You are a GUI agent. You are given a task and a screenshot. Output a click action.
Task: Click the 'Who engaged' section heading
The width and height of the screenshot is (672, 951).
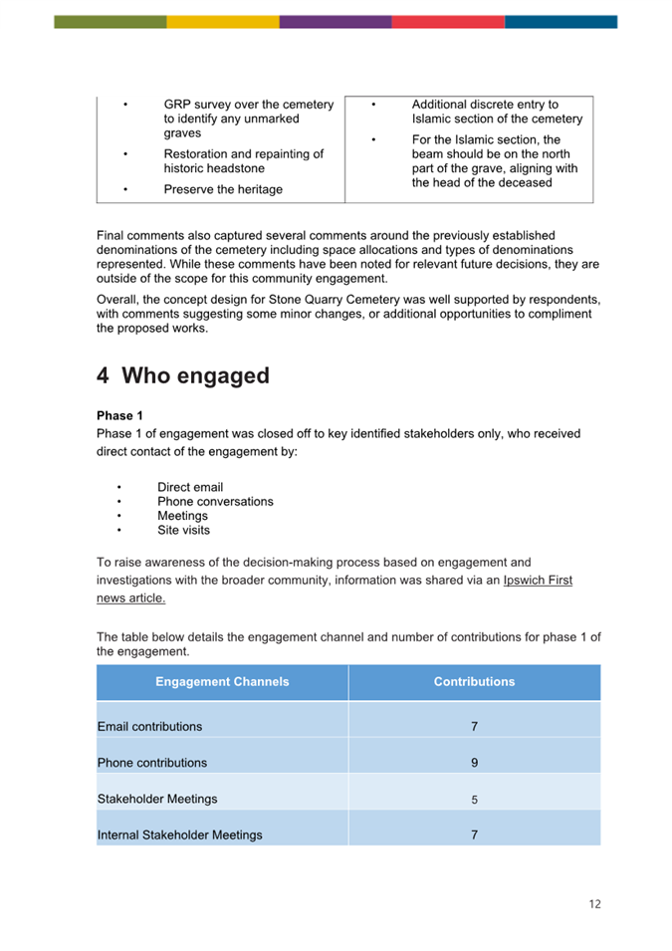click(x=183, y=375)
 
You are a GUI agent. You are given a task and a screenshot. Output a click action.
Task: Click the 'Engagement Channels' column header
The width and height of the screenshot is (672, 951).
click(x=222, y=682)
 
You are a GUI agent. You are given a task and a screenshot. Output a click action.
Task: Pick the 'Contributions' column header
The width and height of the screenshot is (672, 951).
click(x=474, y=682)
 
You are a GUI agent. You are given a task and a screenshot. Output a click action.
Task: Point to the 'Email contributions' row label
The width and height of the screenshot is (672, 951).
click(x=149, y=727)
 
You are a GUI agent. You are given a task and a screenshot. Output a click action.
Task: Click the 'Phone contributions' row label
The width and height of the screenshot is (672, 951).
click(x=152, y=763)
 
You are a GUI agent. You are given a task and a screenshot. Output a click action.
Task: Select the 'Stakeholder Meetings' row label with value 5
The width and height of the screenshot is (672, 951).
click(x=157, y=799)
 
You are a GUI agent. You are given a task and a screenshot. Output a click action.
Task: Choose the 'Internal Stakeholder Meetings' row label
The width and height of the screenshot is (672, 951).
click(x=180, y=834)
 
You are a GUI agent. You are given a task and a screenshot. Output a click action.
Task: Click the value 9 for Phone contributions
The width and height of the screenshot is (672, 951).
click(x=474, y=763)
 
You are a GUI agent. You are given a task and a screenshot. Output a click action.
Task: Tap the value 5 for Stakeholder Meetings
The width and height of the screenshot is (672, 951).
click(x=474, y=799)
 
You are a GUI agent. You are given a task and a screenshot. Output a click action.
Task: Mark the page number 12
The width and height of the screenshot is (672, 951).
click(x=594, y=904)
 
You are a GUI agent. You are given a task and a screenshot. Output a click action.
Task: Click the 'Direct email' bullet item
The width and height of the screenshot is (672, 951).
click(x=190, y=487)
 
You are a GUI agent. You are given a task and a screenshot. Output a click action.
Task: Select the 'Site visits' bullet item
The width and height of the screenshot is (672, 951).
click(x=183, y=530)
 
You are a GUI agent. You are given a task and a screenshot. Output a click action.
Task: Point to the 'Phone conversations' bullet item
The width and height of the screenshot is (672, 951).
click(x=215, y=501)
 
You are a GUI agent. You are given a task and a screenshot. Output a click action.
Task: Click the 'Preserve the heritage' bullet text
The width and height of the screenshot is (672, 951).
click(x=223, y=189)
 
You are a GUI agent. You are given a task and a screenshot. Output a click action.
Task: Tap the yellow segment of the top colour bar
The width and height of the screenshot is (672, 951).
click(x=223, y=21)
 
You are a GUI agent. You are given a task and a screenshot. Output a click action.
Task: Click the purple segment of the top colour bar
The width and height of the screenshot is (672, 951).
click(x=336, y=21)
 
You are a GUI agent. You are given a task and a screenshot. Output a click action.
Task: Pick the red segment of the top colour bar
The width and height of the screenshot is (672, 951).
click(x=448, y=21)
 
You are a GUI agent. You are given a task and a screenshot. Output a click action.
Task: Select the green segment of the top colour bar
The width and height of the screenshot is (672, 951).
click(x=111, y=21)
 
